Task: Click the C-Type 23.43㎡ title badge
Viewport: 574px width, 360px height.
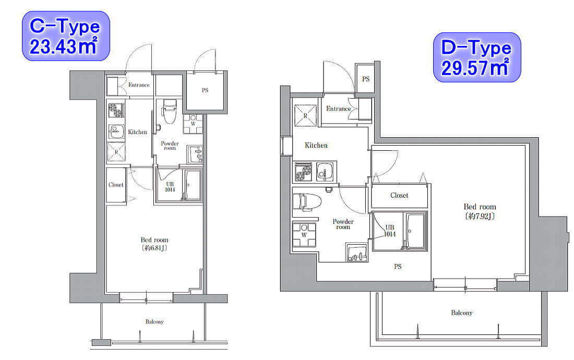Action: tap(66, 36)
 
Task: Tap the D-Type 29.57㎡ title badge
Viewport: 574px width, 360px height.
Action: tap(477, 57)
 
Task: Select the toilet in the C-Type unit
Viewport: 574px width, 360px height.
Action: tap(169, 111)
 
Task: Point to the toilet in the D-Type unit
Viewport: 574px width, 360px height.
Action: tap(307, 201)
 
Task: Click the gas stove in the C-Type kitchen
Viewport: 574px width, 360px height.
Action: tap(116, 110)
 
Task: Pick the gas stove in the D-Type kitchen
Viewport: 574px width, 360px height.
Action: tap(304, 172)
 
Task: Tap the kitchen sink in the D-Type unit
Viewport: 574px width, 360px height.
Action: tap(325, 172)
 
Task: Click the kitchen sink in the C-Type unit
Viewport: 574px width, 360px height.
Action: tap(116, 130)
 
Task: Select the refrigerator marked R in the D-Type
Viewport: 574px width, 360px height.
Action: tap(305, 115)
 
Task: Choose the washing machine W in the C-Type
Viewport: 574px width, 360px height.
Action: tap(193, 124)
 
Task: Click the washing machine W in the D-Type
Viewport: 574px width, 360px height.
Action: tap(304, 235)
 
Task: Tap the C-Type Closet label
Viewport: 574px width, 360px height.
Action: tap(116, 185)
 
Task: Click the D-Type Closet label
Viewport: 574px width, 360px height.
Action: tap(399, 195)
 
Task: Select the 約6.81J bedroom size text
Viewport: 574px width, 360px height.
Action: tap(154, 248)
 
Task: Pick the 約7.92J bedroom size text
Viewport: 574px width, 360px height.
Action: tap(480, 216)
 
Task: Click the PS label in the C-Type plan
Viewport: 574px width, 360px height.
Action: tap(205, 90)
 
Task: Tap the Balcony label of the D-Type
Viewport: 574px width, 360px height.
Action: tap(462, 313)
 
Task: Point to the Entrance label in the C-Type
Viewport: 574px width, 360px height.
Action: tap(139, 85)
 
